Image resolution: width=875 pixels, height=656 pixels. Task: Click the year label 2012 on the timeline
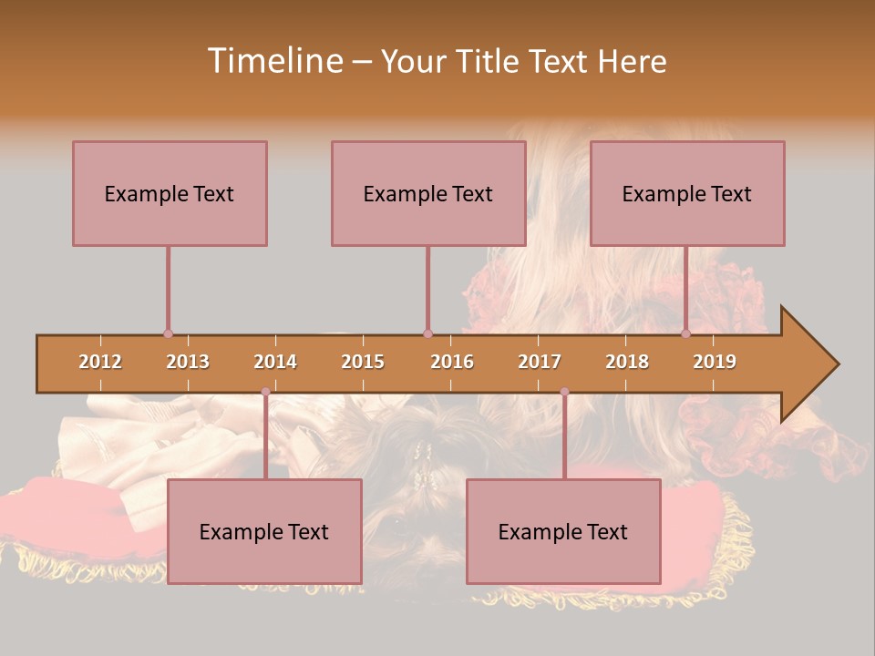pos(100,362)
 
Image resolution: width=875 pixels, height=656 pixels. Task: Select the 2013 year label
pos(188,362)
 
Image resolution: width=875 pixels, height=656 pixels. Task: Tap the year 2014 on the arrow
pos(275,362)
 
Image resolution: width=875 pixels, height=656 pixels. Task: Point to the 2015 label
pos(363,362)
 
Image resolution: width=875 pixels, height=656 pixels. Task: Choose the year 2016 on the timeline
pos(452,362)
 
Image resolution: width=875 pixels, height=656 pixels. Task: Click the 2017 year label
pos(540,362)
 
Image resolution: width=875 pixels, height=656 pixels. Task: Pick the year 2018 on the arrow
pos(627,362)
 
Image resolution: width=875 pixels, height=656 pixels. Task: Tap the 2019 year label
pos(715,362)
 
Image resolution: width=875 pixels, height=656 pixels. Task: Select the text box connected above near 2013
pos(170,193)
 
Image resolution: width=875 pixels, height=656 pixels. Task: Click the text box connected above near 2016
pos(428,193)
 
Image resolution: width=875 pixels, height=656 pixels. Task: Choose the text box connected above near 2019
pos(687,193)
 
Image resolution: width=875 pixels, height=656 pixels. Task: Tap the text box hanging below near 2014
pos(264,531)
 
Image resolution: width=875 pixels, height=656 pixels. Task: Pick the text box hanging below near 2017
pos(563,531)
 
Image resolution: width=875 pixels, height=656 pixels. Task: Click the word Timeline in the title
pos(273,61)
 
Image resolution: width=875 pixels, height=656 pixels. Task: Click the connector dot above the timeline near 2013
pos(168,333)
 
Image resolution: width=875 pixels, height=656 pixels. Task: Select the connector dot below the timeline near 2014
pos(265,392)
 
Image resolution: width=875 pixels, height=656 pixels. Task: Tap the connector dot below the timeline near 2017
pos(564,392)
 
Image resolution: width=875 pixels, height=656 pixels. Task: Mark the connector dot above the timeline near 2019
pos(686,333)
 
